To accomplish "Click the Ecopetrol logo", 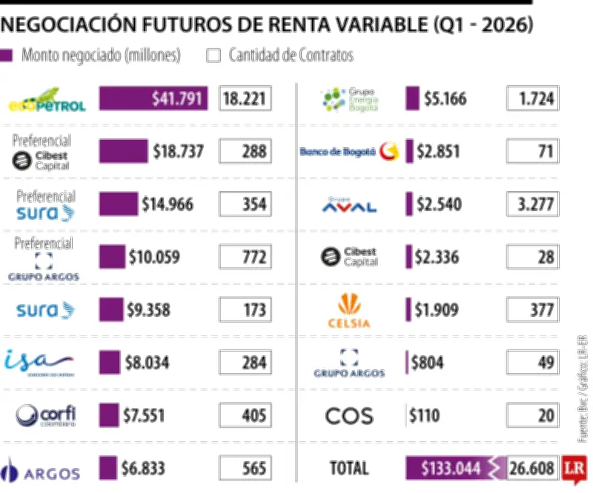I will (x=46, y=99).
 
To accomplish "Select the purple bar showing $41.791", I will (x=153, y=98).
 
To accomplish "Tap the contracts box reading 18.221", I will (x=245, y=98).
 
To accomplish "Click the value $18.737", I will (x=178, y=152).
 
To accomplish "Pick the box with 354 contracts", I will (x=245, y=204).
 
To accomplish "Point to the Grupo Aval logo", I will (x=348, y=204).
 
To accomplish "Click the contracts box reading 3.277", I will (x=532, y=204).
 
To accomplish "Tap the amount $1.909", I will (x=437, y=310).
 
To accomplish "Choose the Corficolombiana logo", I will (x=46, y=415).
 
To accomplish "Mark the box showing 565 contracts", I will (x=245, y=468).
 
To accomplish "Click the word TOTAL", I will (x=348, y=468).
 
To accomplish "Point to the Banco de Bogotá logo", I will (x=348, y=152).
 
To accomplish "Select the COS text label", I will (x=348, y=415).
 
